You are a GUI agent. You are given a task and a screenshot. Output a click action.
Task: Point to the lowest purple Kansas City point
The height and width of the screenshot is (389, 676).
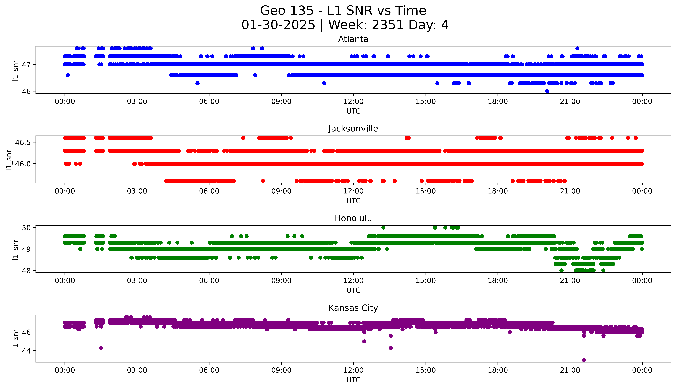click(x=584, y=360)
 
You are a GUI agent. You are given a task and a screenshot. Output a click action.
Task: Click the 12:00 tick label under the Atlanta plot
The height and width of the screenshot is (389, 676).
click(x=353, y=102)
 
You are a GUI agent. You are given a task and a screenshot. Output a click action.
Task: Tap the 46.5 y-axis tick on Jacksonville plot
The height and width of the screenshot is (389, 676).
click(x=23, y=142)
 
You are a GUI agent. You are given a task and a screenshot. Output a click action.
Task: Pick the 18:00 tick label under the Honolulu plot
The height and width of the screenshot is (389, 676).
click(x=498, y=280)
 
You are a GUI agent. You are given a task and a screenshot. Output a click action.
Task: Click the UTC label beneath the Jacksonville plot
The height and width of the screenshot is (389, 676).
click(x=353, y=201)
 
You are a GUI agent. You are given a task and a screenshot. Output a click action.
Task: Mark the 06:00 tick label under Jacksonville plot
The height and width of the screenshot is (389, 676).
click(x=209, y=191)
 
